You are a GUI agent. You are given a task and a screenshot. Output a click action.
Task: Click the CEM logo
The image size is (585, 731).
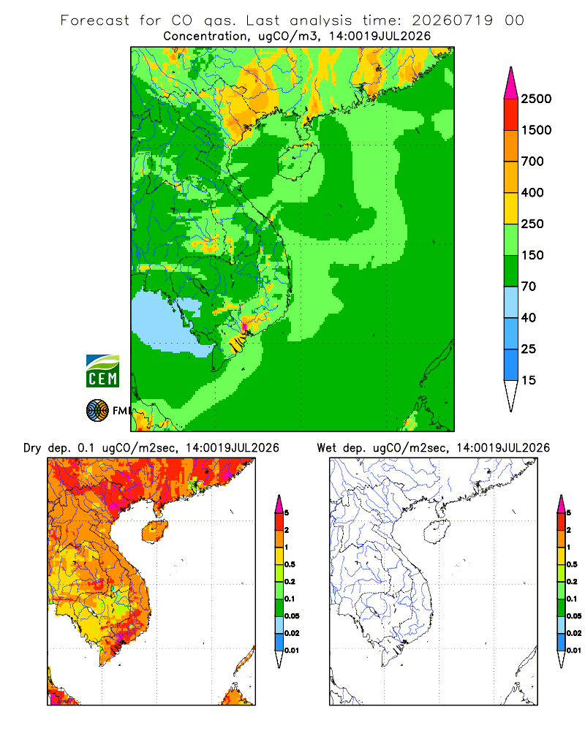102,371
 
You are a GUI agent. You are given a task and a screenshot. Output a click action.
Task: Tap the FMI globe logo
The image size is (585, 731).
97,411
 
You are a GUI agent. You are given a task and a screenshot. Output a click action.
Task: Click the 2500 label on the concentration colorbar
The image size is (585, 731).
536,99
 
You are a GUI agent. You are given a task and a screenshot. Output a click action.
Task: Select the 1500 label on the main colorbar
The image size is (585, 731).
536,130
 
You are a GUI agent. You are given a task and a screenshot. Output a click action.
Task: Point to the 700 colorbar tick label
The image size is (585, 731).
532,162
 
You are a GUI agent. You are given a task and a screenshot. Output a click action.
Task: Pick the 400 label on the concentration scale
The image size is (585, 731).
532,192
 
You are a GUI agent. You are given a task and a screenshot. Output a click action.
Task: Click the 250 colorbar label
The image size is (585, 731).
532,224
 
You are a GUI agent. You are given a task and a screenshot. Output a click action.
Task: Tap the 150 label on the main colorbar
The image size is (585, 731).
532,255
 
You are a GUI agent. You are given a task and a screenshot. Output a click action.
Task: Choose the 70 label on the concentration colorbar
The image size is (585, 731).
529,287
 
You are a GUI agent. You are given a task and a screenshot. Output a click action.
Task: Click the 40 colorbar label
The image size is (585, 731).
529,317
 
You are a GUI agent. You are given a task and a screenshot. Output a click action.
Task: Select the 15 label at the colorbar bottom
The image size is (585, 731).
529,380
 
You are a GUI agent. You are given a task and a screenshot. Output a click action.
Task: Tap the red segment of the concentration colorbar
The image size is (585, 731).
511,115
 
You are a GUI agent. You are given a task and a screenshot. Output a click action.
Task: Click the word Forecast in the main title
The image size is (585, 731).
95,20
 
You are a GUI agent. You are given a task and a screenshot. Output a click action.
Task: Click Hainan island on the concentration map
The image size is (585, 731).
297,161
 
